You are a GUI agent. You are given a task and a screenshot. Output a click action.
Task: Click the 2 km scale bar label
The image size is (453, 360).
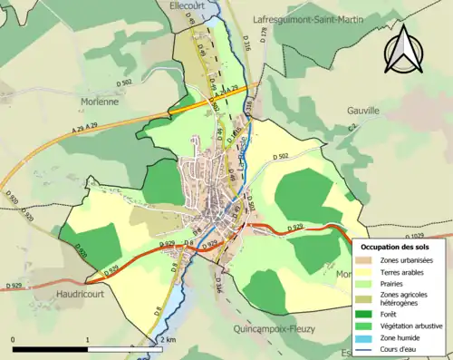click(x=168, y=339)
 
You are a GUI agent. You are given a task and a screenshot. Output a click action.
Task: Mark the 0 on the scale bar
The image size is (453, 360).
click(x=14, y=339)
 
